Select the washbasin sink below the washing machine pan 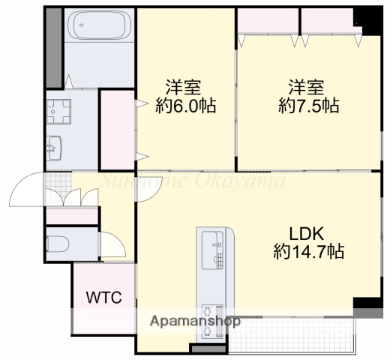point(55,148)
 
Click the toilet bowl point(61,244)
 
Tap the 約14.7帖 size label point(308,252)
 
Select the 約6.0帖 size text point(186,106)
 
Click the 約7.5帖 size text point(308,106)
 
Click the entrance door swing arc point(26,189)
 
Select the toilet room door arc point(112,244)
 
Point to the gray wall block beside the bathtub point(53,48)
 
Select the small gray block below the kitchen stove point(207,349)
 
